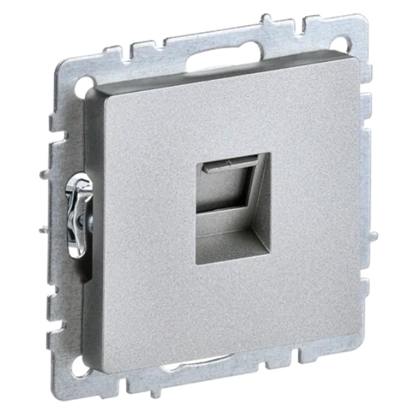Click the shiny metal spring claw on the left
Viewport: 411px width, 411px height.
(77, 212)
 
